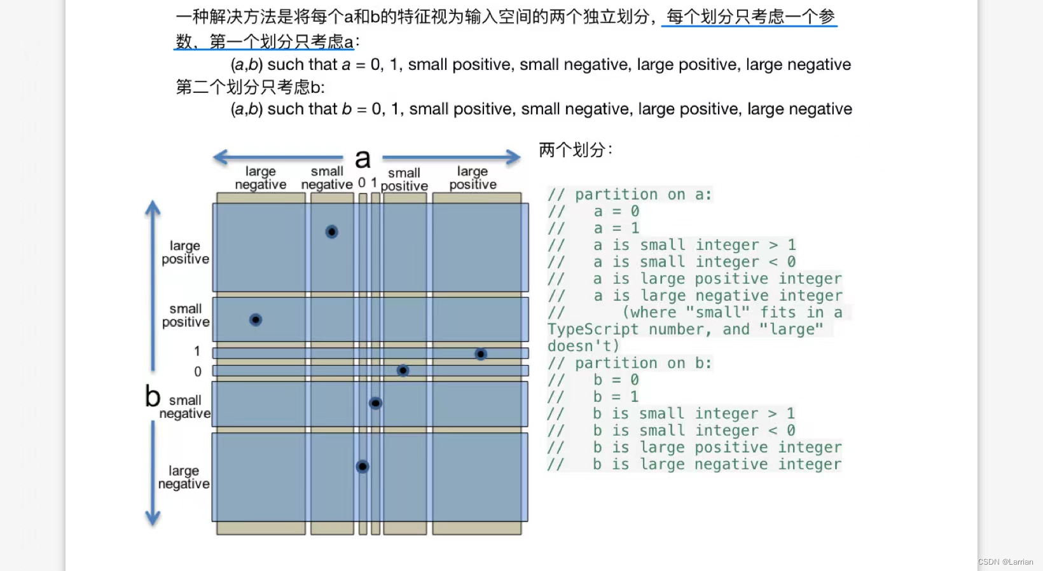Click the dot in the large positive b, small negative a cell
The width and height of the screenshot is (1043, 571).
[331, 232]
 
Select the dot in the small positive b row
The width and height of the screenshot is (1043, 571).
[256, 320]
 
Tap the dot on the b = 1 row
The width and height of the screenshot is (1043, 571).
[481, 354]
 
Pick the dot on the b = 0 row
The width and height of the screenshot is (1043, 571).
[403, 370]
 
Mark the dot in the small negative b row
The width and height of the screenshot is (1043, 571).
[376, 403]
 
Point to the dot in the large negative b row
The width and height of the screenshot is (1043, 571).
[363, 467]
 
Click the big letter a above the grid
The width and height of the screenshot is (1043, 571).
[363, 159]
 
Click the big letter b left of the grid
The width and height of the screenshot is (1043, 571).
[153, 396]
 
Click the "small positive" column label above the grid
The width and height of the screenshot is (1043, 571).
[404, 179]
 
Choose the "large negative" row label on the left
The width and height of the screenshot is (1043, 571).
[184, 478]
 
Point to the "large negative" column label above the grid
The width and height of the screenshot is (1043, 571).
[261, 178]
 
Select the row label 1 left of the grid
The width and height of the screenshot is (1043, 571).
[197, 351]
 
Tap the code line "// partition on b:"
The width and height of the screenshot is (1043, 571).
[630, 363]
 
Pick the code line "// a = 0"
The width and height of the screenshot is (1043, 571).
[594, 211]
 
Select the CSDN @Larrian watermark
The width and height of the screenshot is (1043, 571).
[1005, 562]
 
